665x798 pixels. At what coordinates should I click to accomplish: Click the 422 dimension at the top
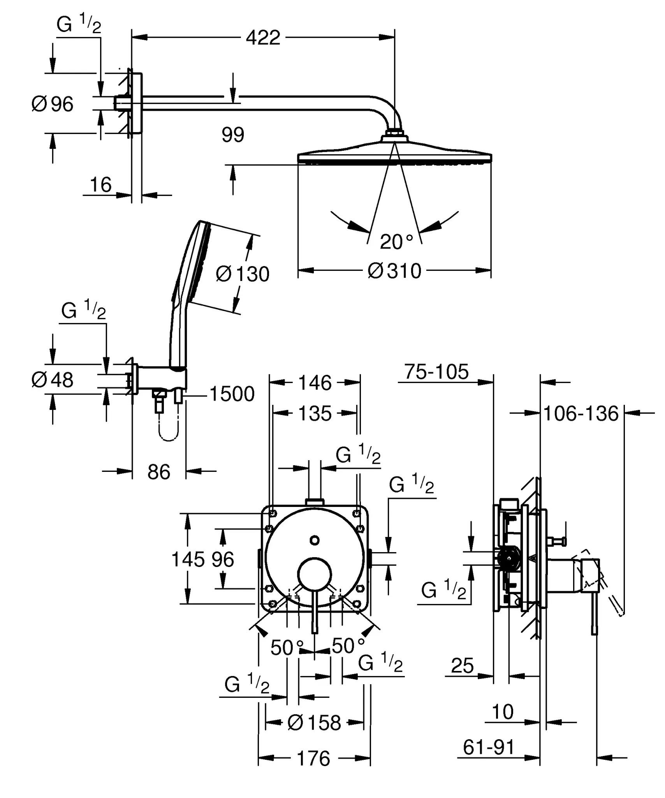263,38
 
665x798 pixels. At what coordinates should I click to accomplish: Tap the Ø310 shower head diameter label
394,271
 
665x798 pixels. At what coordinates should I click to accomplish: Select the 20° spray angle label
396,242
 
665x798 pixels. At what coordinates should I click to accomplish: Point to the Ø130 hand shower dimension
243,274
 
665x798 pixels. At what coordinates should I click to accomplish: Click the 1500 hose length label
232,394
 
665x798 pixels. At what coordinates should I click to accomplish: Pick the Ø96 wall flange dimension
52,104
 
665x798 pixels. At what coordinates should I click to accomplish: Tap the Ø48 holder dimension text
52,380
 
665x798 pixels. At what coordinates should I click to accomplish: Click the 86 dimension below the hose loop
159,472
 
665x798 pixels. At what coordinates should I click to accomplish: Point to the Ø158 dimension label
314,723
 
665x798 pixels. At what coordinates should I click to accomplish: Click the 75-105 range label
436,371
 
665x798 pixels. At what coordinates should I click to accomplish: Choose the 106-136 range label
581,413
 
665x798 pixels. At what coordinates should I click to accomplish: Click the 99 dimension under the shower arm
233,135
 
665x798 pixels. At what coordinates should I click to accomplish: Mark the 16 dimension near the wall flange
100,185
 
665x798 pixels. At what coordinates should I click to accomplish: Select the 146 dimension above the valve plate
315,383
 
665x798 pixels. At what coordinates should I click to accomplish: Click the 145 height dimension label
188,560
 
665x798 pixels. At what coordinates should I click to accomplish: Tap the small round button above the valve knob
315,540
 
